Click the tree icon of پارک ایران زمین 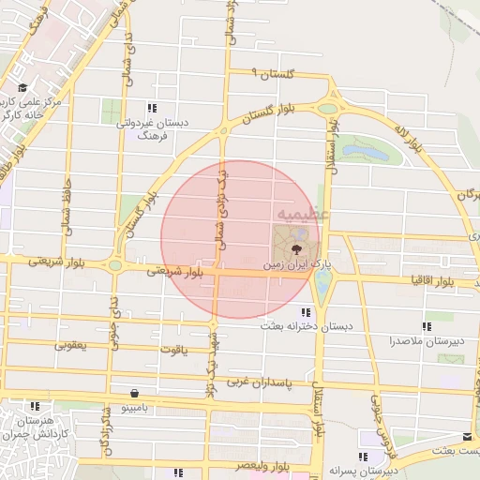pyautogui.click(x=296, y=248)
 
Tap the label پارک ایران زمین pyautogui.click(x=298, y=265)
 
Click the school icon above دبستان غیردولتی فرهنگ pyautogui.click(x=151, y=108)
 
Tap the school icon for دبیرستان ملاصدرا pyautogui.click(x=427, y=327)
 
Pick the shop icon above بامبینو pyautogui.click(x=137, y=395)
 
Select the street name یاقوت pyautogui.click(x=173, y=349)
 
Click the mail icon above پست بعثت pyautogui.click(x=468, y=437)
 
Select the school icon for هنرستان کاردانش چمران pyautogui.click(x=36, y=407)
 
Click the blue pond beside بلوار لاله pyautogui.click(x=367, y=150)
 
